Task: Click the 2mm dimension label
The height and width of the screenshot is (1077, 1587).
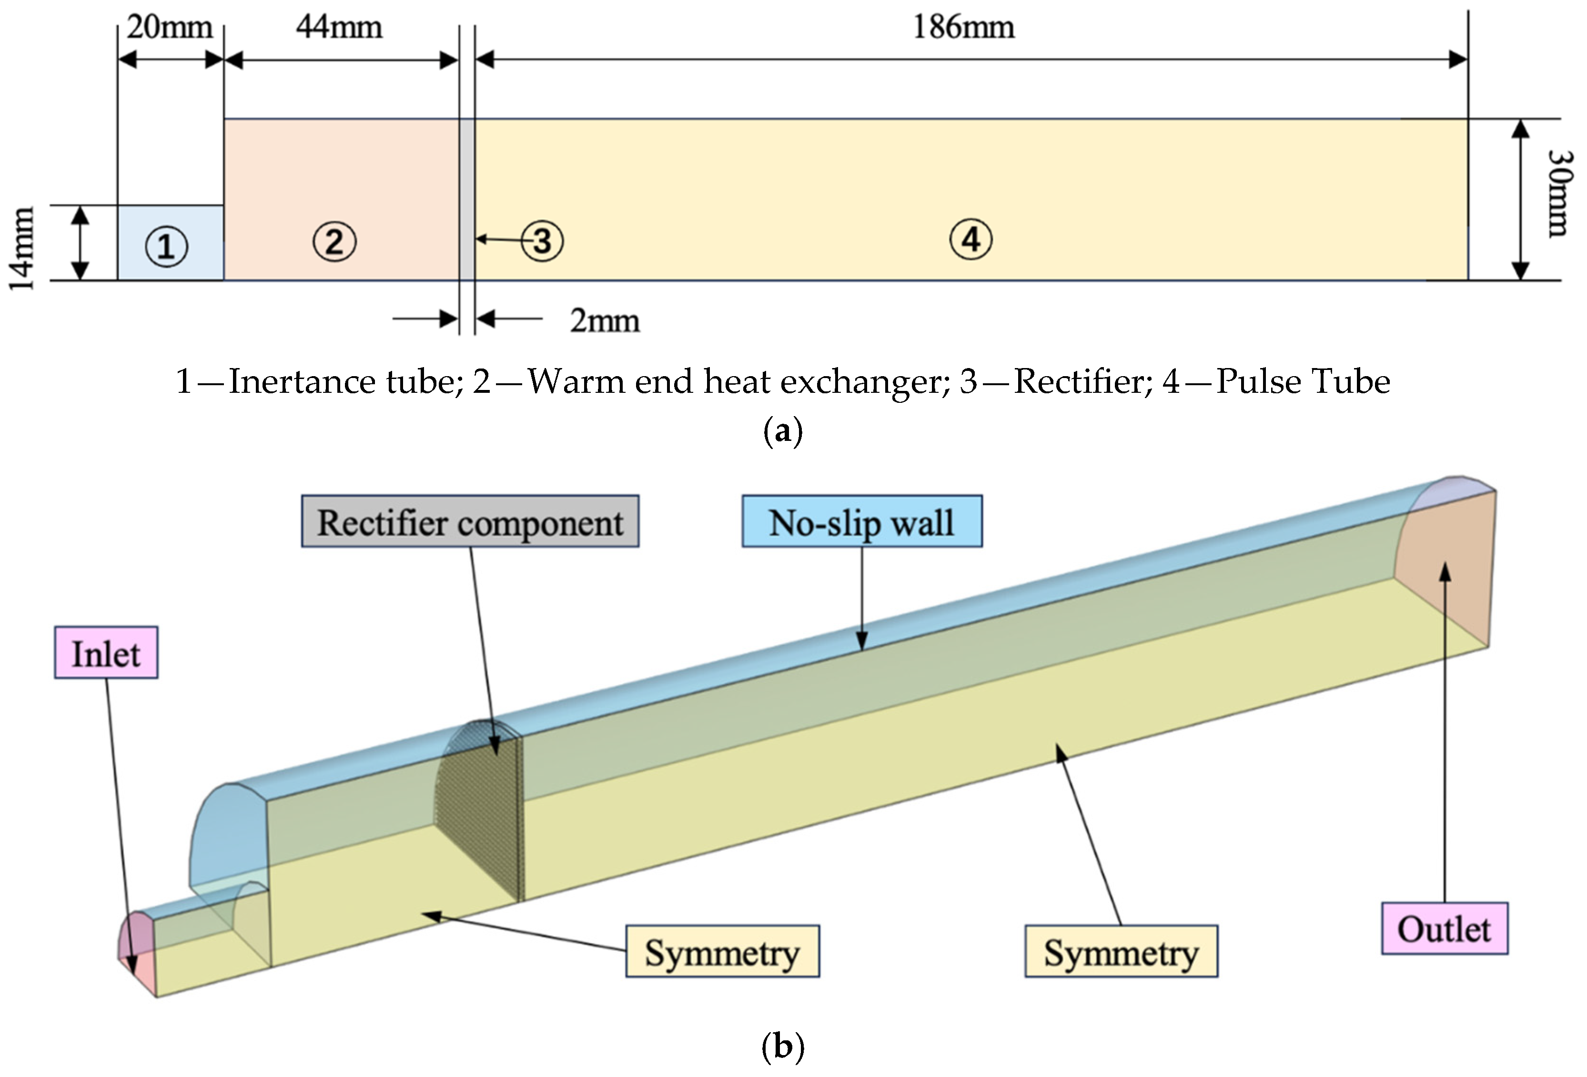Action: point(604,321)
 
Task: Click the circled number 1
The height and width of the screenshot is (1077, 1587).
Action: point(166,246)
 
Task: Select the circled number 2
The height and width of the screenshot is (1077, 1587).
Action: point(334,241)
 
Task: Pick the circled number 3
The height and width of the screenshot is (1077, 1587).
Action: point(542,241)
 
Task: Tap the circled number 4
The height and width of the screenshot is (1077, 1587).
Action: point(971,239)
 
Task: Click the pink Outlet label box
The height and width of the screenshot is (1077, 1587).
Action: point(1444,929)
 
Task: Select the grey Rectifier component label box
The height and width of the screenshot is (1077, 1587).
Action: point(470,522)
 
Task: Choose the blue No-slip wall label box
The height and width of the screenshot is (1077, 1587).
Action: point(862,522)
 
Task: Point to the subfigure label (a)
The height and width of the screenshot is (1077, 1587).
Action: point(783,431)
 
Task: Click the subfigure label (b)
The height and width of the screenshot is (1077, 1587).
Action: point(783,1046)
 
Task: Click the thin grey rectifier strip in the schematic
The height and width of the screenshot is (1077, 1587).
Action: point(466,199)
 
